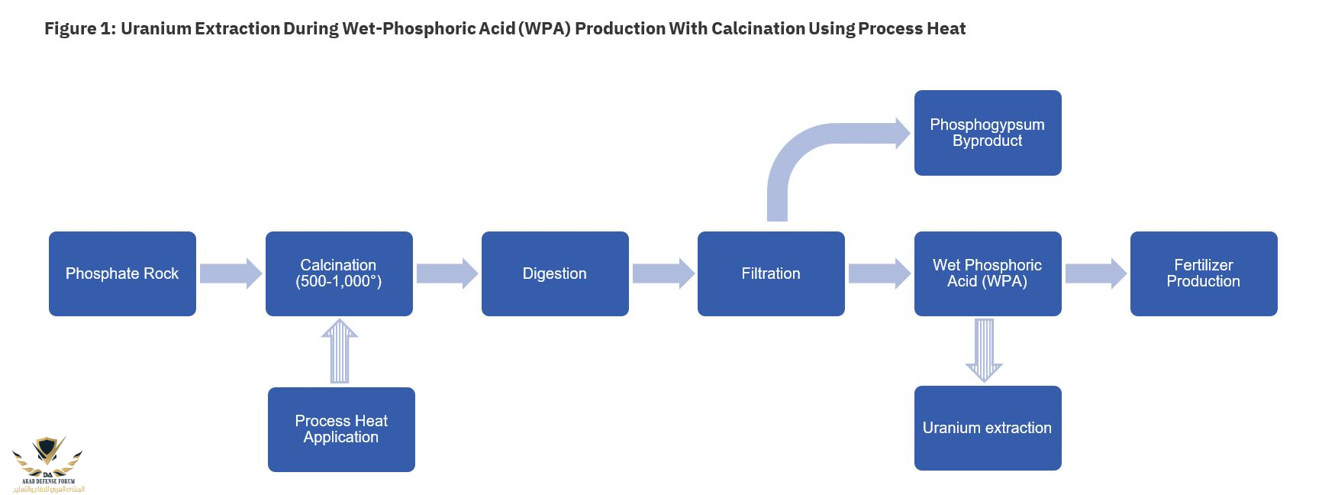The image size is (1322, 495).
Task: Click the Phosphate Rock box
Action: point(122,273)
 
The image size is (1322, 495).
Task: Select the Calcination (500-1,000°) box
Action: point(339,273)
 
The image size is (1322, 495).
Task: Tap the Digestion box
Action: point(555,273)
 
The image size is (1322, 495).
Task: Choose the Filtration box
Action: point(771,273)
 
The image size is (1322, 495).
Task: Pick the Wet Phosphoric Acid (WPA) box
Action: point(988,273)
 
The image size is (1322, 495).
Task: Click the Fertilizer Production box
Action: point(1204,273)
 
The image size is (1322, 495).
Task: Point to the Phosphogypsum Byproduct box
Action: point(988,133)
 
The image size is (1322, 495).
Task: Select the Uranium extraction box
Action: point(988,428)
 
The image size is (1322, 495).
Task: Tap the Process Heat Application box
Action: point(341,429)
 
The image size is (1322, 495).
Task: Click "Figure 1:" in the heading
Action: point(79,29)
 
